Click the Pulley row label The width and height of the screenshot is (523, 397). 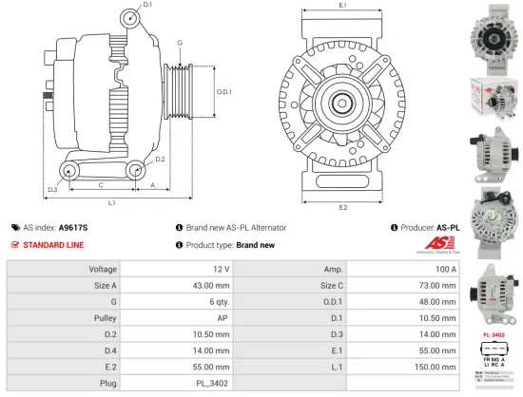tap(106, 318)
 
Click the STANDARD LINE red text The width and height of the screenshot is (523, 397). tap(53, 245)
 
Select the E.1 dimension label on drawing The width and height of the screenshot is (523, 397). tap(342, 8)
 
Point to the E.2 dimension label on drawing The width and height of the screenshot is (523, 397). tap(342, 207)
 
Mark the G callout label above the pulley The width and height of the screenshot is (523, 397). tap(179, 43)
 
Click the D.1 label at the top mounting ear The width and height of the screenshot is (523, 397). tap(147, 6)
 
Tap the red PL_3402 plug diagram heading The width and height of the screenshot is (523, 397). tap(493, 335)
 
